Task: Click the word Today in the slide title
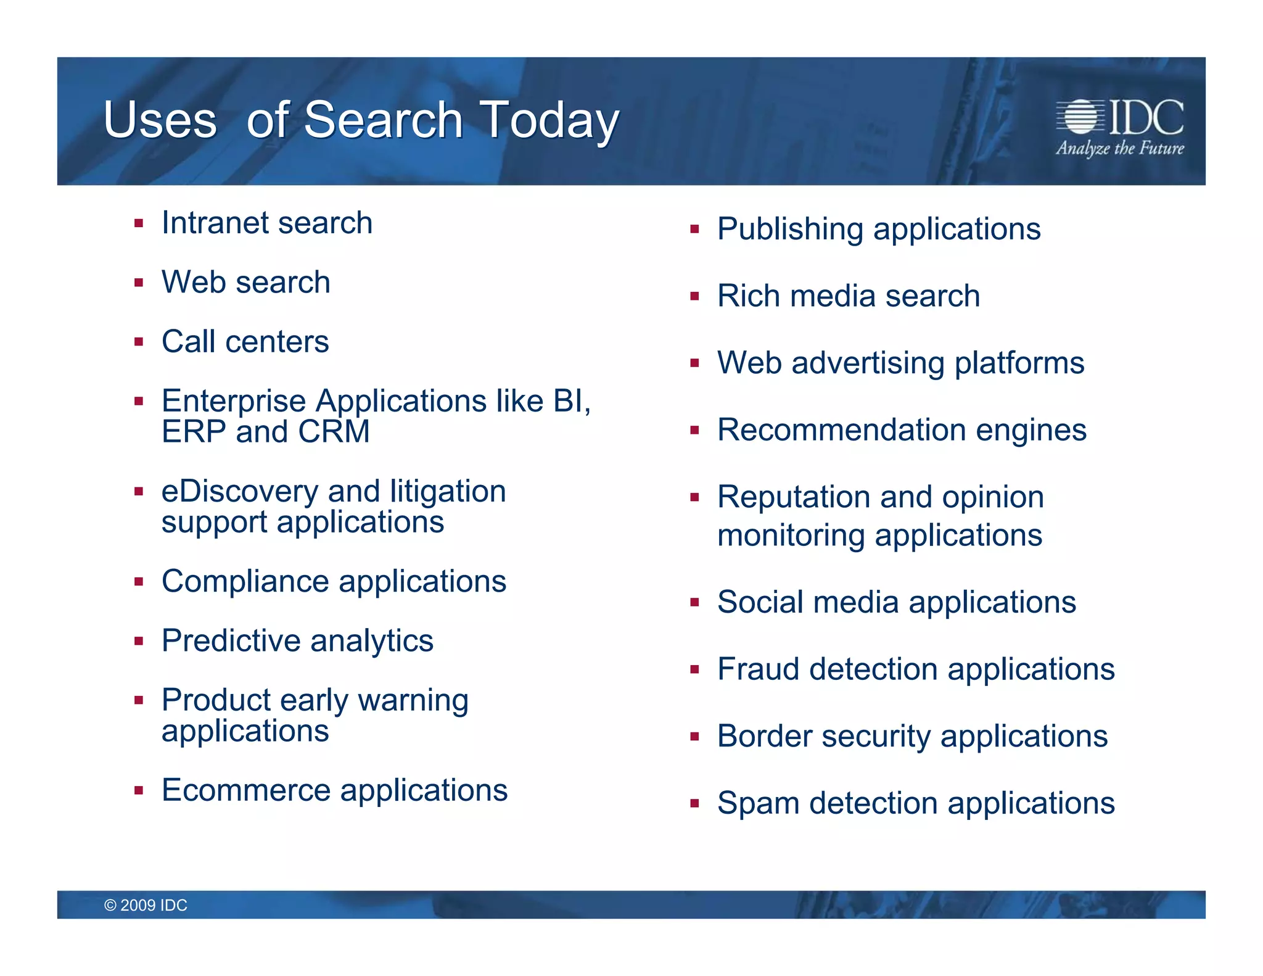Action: pos(549,120)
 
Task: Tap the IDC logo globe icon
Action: pos(1080,117)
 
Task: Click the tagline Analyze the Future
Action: pos(1119,148)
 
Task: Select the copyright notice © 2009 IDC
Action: pos(146,905)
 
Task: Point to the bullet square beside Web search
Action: pos(139,283)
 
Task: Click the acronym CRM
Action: pos(334,431)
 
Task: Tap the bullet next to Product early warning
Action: pos(139,701)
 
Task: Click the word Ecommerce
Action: pos(246,790)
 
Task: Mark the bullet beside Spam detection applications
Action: pos(694,804)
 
